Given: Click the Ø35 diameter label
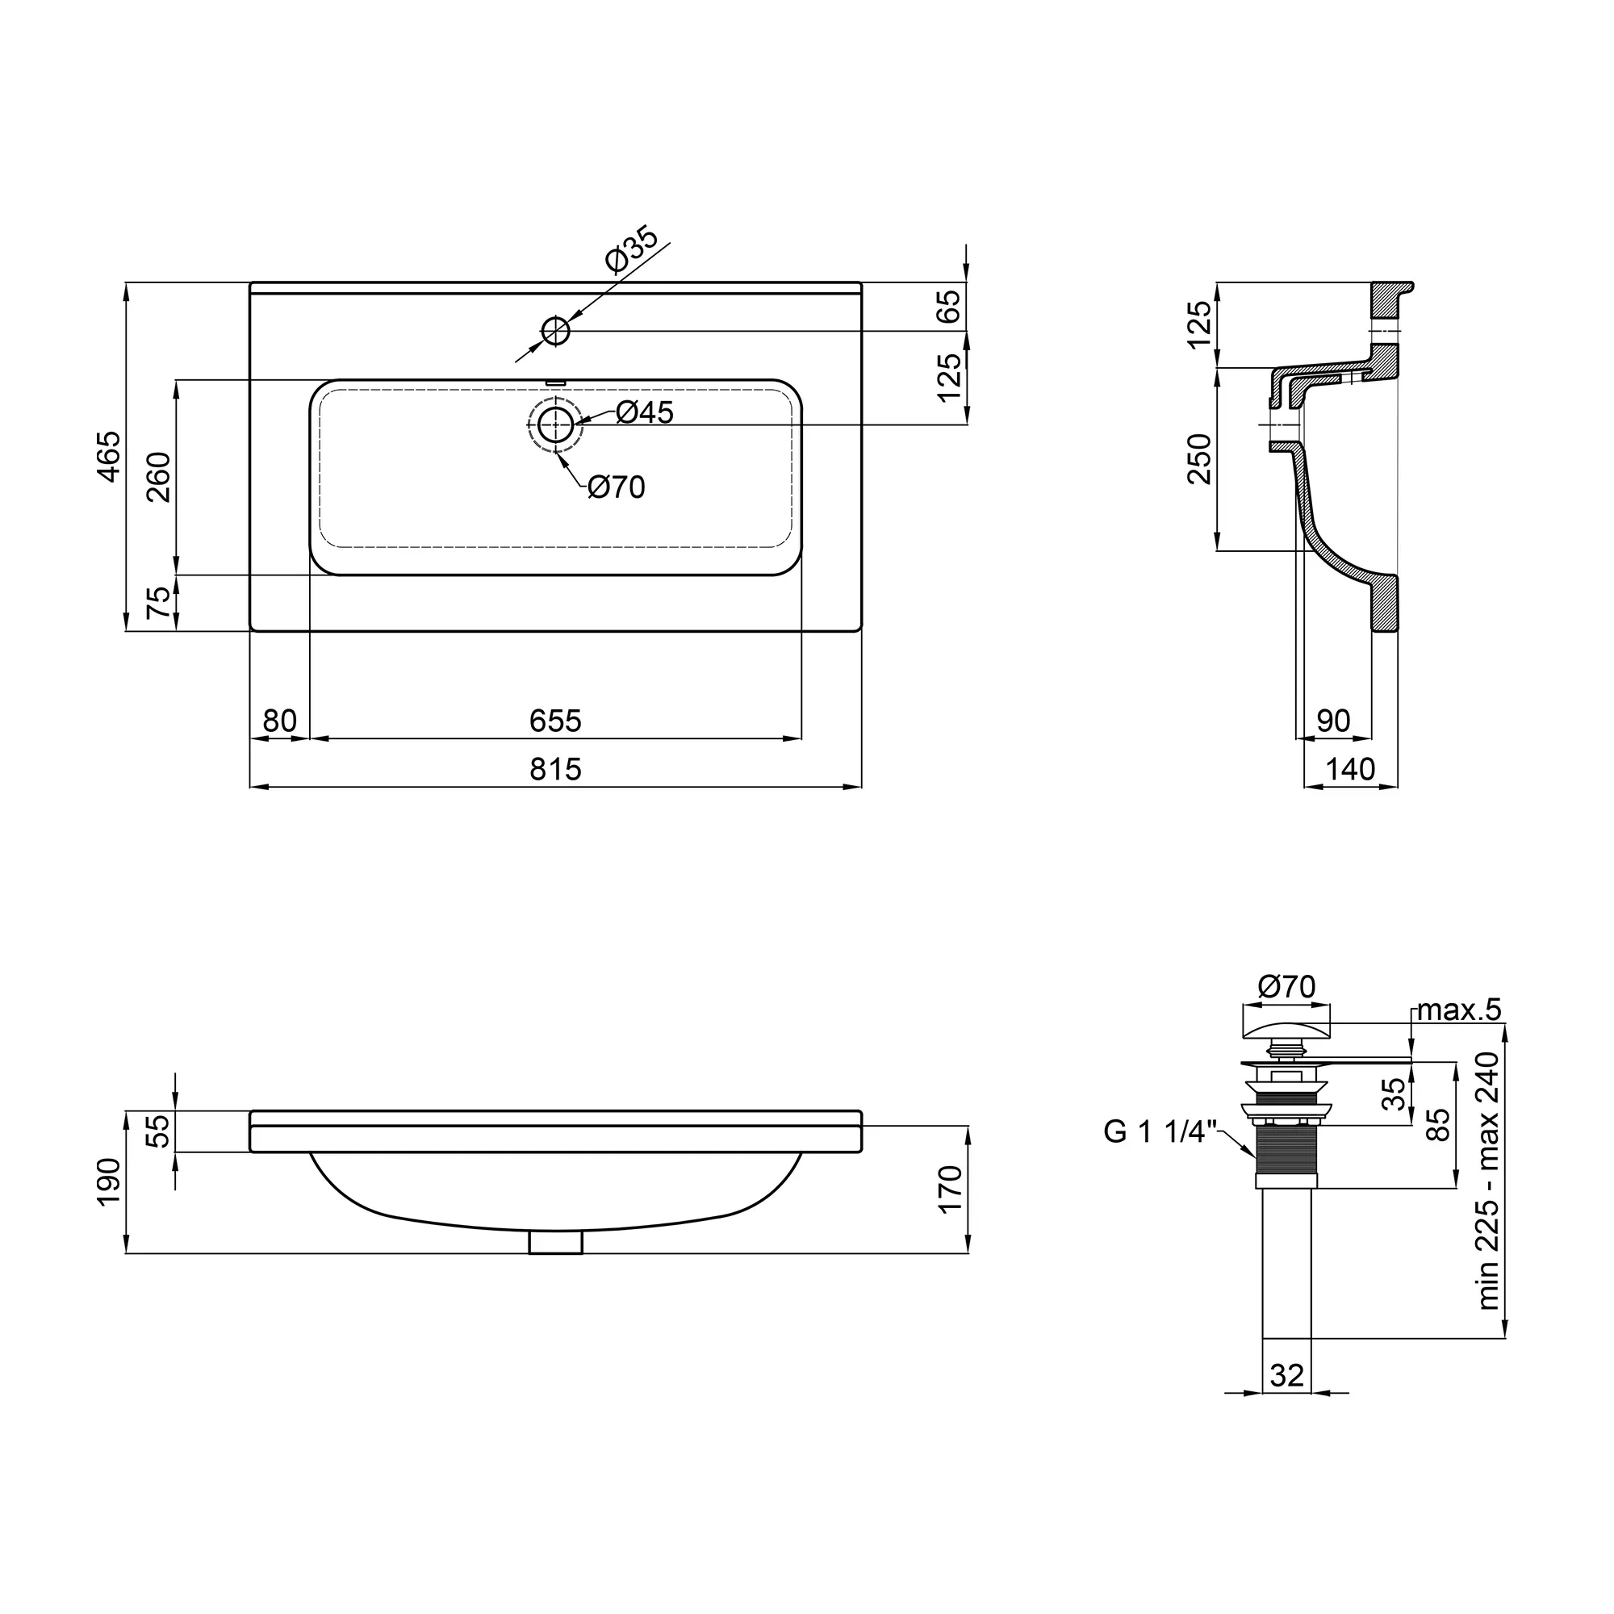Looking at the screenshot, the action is pos(633,249).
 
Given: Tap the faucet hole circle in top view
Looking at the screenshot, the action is pos(555,332).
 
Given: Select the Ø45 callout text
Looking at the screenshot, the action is pos(645,412).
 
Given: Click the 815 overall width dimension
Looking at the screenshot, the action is pos(555,769).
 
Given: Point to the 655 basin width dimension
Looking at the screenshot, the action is pos(555,721).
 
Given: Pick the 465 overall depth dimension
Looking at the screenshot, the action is pos(109,456).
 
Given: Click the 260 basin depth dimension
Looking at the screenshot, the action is pos(159,477).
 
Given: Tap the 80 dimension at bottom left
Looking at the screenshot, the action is pos(280,721).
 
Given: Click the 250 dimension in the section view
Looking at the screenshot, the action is pos(1200,458).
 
